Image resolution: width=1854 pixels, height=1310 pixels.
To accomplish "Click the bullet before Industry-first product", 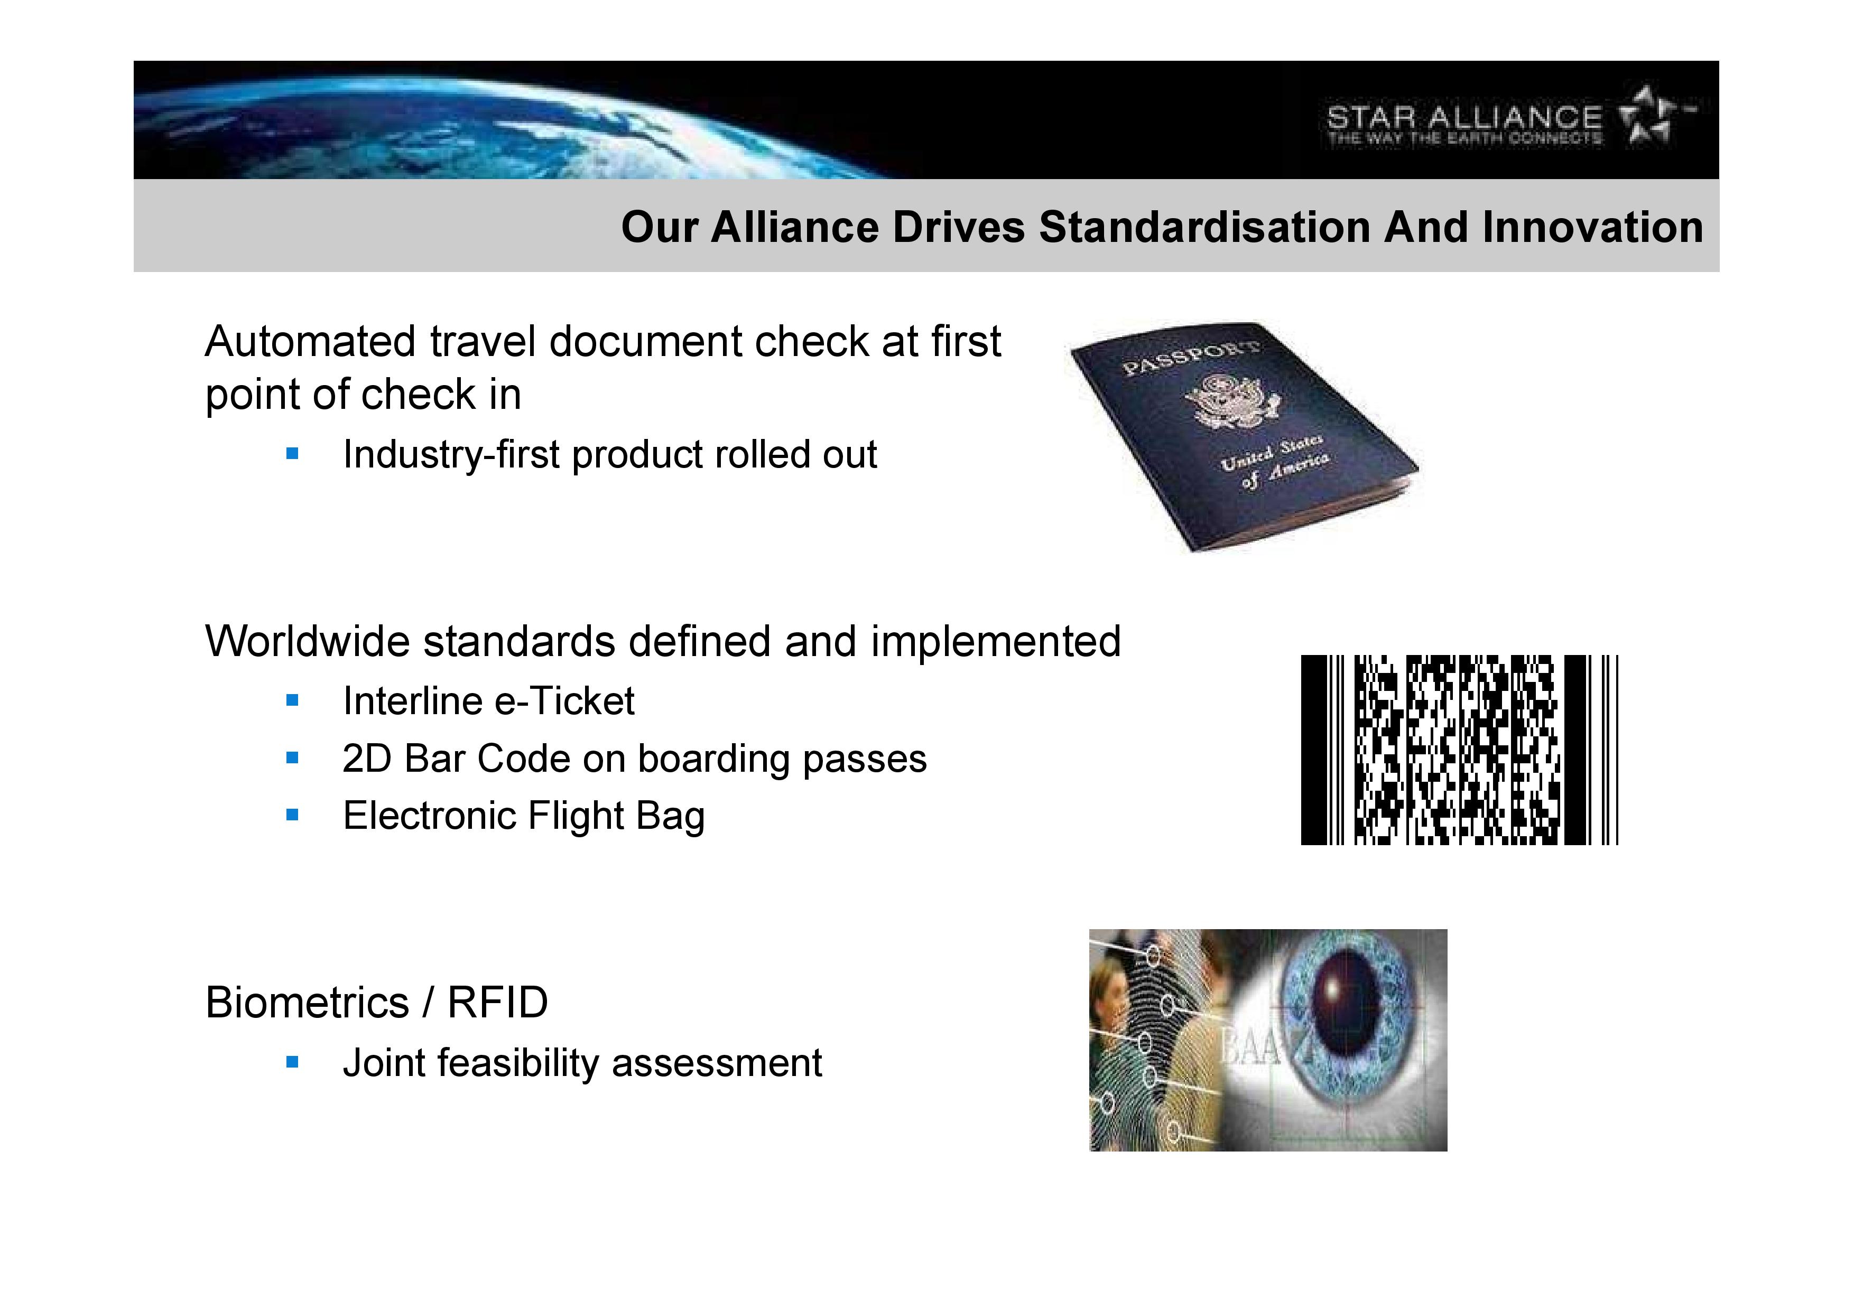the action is (292, 454).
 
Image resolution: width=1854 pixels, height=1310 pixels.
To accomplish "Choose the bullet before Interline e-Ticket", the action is (292, 700).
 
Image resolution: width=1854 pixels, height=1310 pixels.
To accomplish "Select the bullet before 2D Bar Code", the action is (292, 759).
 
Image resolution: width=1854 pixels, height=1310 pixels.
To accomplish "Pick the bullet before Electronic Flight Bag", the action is (292, 815).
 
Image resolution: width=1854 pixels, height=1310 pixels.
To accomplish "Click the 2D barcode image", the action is (1459, 751).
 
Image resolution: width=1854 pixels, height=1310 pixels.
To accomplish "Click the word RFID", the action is (497, 1003).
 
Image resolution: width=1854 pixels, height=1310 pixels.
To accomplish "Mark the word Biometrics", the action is (307, 1003).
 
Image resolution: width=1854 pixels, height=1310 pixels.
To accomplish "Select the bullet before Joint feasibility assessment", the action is (292, 1063).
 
